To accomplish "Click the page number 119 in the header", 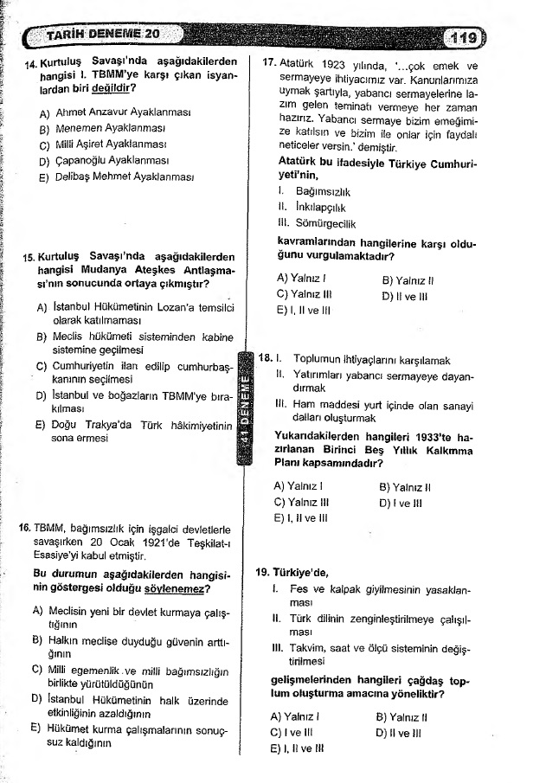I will pos(464,37).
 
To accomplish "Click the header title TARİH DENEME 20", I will pos(102,36).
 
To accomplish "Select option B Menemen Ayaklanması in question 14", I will pos(116,129).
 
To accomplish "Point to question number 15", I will pos(29,257).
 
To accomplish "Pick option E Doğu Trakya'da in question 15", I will pos(134,425).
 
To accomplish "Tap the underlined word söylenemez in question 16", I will pos(177,589).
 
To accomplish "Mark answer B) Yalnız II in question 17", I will pos(407,279).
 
